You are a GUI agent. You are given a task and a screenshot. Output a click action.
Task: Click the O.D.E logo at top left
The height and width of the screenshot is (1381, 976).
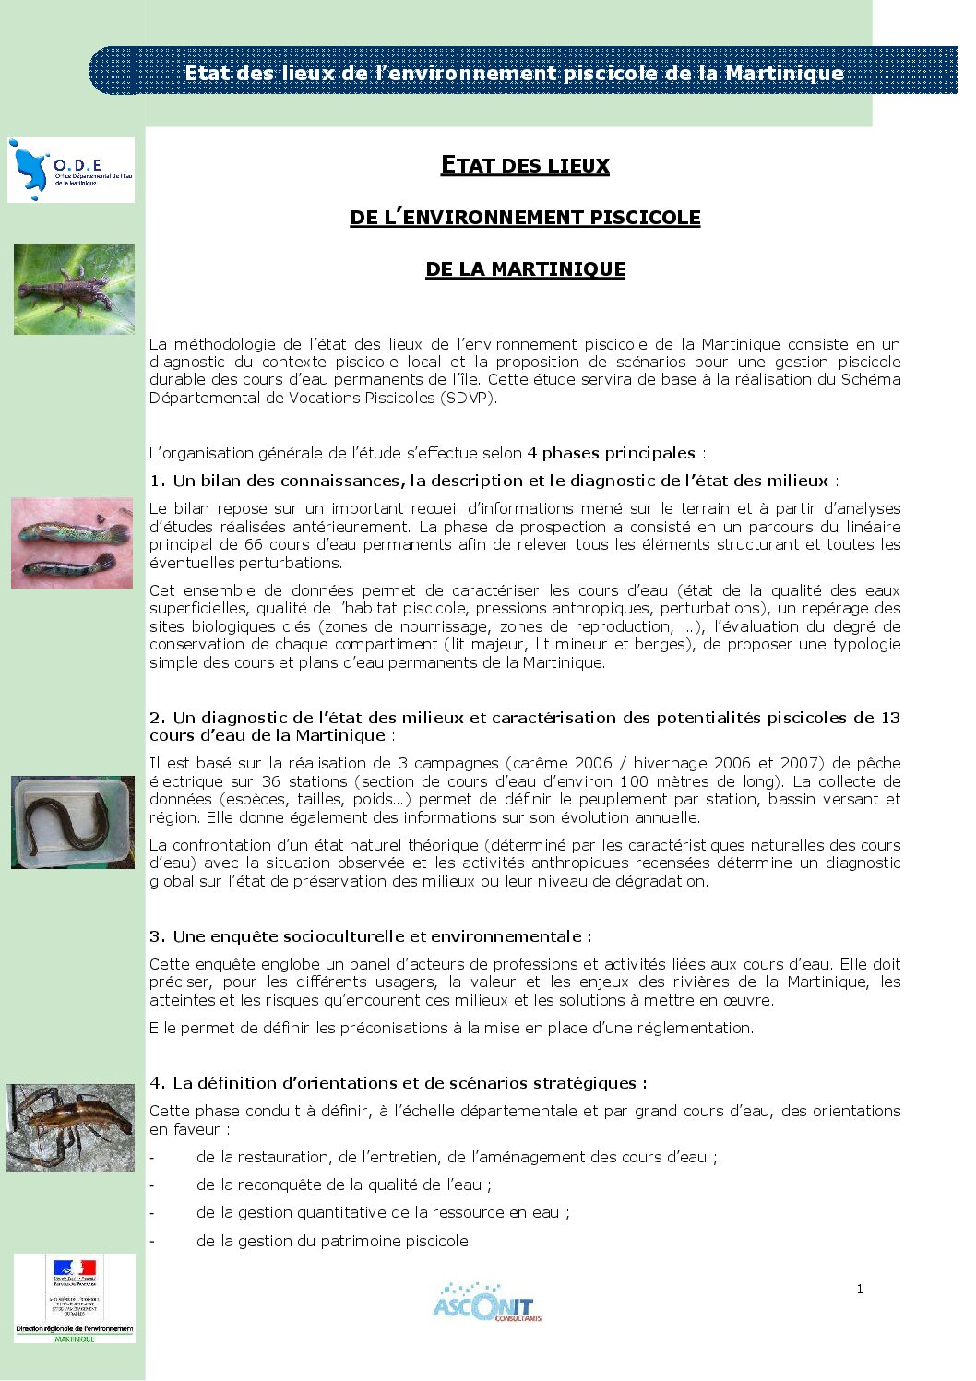[70, 170]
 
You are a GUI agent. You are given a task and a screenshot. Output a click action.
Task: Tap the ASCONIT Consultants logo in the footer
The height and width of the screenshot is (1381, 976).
[485, 1302]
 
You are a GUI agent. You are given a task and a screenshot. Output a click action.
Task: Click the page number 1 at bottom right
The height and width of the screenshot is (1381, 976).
[860, 1289]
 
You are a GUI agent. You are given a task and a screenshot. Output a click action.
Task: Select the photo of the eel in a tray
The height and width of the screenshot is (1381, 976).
[73, 822]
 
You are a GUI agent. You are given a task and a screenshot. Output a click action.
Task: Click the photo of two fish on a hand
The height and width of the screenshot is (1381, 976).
[72, 542]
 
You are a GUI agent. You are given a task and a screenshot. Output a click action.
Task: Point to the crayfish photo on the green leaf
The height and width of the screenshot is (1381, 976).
[74, 289]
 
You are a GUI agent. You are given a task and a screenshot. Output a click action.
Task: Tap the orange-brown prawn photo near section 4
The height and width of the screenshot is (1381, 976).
[71, 1127]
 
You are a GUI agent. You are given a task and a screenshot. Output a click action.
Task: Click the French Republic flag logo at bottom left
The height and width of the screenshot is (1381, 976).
[75, 1273]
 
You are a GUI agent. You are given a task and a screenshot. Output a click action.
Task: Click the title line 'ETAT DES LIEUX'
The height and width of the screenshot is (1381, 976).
[525, 166]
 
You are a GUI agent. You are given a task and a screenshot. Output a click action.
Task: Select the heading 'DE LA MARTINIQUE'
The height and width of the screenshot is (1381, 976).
[525, 269]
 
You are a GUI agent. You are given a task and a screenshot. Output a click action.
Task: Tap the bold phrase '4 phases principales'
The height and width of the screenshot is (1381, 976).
[611, 453]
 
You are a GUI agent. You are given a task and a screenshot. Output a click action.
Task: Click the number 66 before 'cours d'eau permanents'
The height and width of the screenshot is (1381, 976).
[254, 544]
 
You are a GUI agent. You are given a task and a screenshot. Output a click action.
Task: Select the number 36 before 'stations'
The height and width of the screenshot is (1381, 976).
[270, 781]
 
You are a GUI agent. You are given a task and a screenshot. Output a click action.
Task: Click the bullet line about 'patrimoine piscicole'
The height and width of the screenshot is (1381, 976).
[333, 1241]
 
